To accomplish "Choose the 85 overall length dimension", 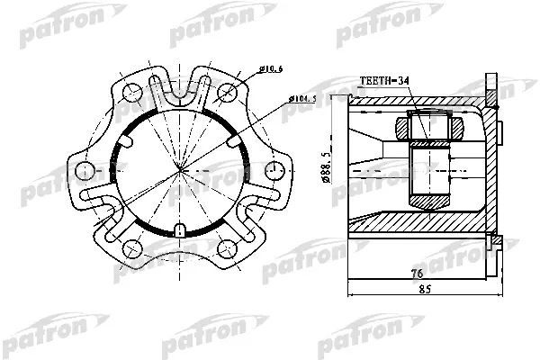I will point(424,290).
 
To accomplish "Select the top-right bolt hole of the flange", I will point(227,89).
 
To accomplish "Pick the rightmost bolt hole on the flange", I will point(273,169).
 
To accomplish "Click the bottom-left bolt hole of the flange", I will point(133,249).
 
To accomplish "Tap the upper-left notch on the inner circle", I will point(129,139).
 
